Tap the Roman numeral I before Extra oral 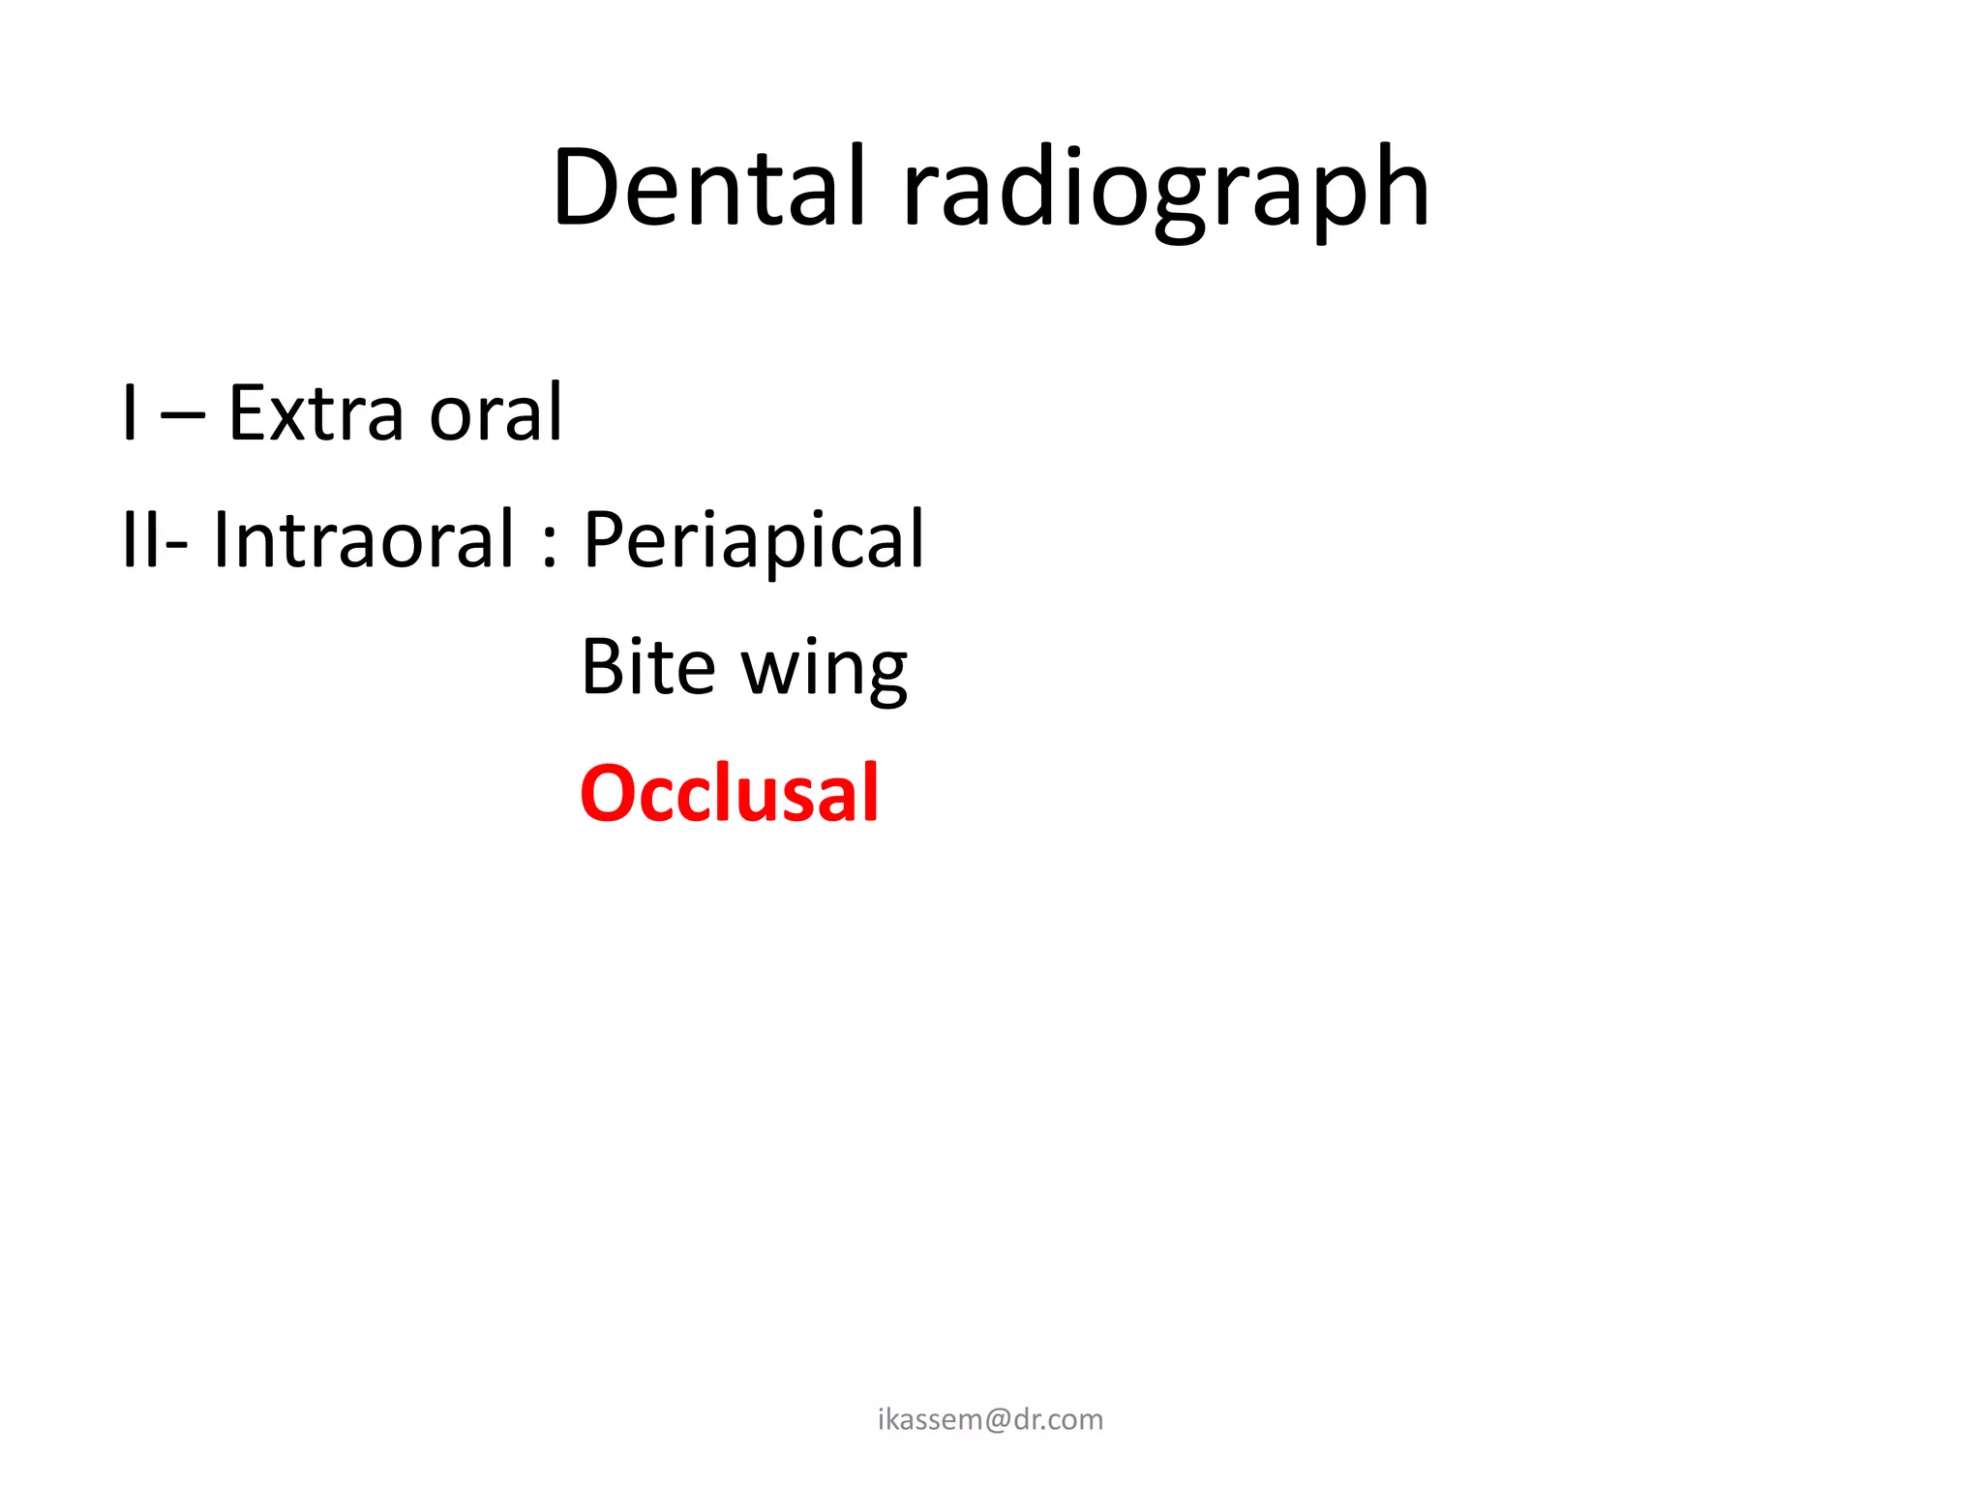130,413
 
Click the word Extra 315,413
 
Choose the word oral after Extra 495,413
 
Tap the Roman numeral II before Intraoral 141,540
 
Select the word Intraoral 364,540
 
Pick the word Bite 648,667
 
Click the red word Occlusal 730,794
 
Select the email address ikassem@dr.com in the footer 990,1419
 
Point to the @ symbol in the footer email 998,1420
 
